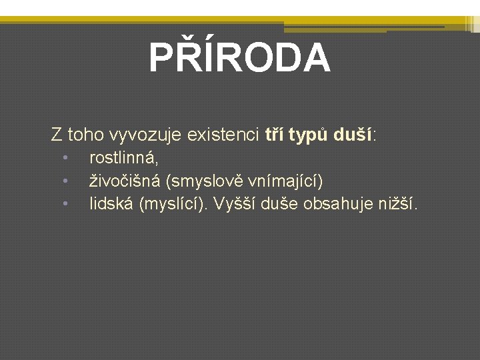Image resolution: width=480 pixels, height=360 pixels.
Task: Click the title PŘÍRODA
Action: (239, 58)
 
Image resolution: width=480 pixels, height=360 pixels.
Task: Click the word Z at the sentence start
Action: (57, 135)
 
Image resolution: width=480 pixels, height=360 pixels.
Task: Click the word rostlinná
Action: (123, 159)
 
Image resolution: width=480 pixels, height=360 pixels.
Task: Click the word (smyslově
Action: (200, 181)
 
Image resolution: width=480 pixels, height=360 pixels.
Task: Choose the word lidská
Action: (111, 203)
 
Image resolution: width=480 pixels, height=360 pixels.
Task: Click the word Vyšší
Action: (238, 203)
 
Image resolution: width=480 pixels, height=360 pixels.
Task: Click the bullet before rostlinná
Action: (66, 159)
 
